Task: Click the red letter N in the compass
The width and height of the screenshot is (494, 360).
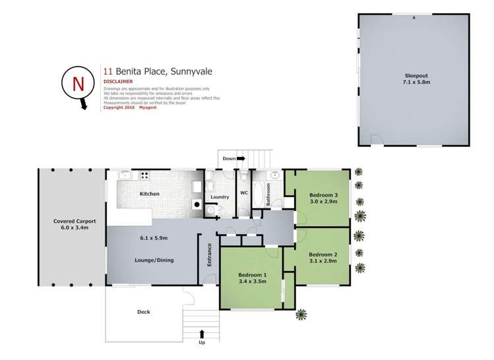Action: pos(78,84)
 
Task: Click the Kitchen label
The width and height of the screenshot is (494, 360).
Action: pos(150,195)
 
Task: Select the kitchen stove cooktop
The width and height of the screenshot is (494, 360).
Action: pos(144,175)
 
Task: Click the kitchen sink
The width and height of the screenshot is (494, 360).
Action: pos(123,175)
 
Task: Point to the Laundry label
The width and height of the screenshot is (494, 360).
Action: pos(219,197)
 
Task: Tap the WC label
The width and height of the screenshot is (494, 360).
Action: pos(243,194)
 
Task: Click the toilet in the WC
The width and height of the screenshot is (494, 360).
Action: pos(243,177)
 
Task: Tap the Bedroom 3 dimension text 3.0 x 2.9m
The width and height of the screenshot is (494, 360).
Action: pos(323,202)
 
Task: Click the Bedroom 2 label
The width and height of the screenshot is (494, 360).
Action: pos(323,255)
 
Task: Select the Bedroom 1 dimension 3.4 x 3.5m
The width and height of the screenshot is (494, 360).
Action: pos(251,282)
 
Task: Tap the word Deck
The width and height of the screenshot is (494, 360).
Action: pos(144,312)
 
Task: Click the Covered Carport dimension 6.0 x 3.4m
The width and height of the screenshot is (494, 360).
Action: pos(71,228)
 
